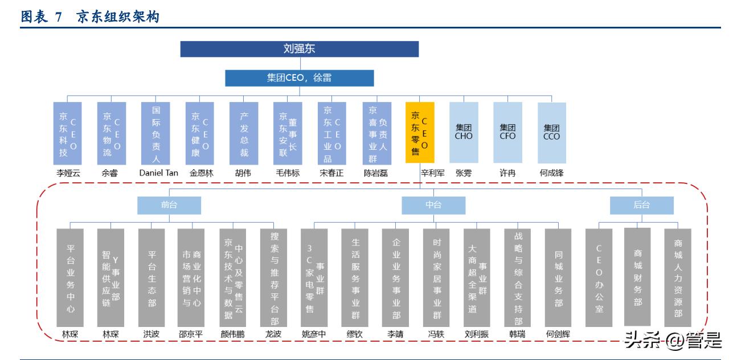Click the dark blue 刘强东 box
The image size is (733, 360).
click(x=299, y=49)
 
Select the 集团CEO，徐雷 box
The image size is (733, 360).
click(x=299, y=78)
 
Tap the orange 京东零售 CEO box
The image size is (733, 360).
click(x=420, y=133)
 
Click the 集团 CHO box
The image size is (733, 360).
click(x=464, y=133)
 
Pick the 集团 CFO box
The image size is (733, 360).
click(x=507, y=133)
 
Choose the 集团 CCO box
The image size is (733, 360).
click(x=551, y=133)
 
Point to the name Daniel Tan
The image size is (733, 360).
click(x=156, y=173)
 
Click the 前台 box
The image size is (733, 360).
click(x=169, y=205)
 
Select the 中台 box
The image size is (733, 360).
click(x=433, y=205)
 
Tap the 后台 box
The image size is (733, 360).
click(x=641, y=205)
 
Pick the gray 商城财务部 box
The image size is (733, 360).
click(x=638, y=277)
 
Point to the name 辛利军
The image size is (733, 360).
click(x=432, y=173)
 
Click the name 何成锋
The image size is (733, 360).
click(x=551, y=173)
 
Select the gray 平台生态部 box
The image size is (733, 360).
click(x=151, y=277)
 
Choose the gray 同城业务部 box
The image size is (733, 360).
click(x=558, y=277)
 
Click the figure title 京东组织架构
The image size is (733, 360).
click(x=117, y=18)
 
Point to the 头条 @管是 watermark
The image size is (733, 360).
click(x=672, y=341)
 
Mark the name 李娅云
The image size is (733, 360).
click(x=67, y=173)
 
